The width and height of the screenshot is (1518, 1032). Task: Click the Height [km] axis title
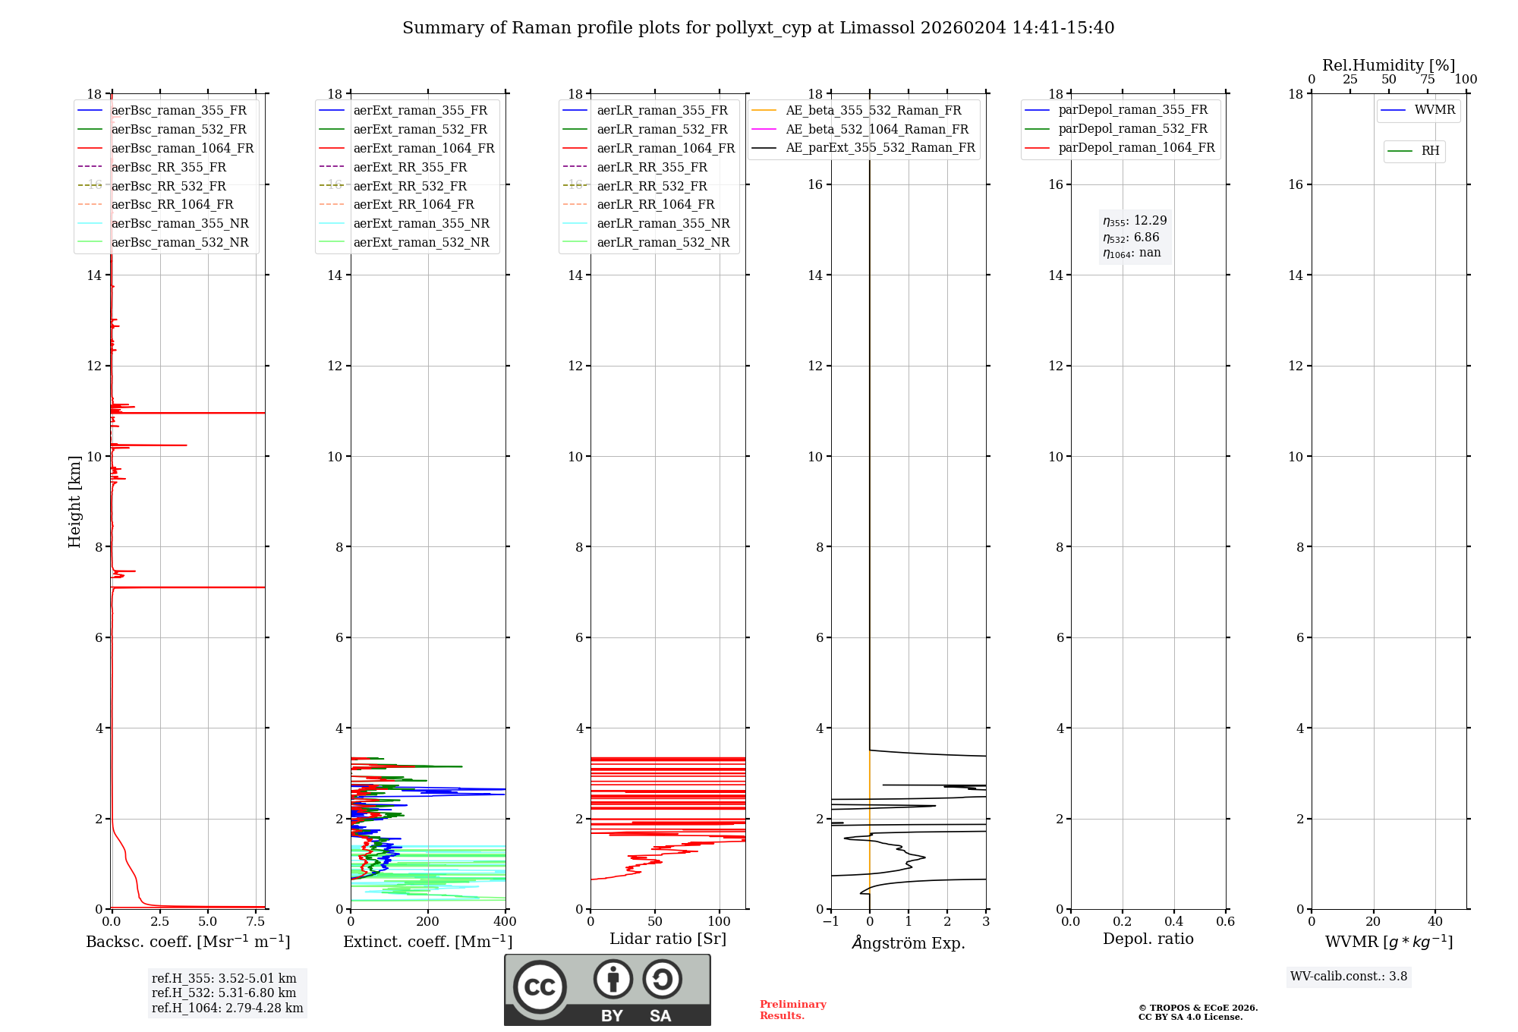click(74, 502)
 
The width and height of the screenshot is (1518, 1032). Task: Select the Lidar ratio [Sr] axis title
click(668, 939)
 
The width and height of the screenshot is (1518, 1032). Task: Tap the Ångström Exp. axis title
click(909, 942)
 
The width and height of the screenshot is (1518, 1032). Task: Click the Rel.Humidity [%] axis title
click(1389, 65)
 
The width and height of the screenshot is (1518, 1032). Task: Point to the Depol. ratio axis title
click(1148, 939)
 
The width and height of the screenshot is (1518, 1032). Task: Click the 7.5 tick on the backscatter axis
click(256, 922)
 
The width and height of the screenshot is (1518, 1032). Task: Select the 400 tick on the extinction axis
click(505, 922)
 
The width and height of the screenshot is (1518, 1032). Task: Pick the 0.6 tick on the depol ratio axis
click(1226, 922)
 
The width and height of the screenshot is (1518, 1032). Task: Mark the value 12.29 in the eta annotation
click(1151, 221)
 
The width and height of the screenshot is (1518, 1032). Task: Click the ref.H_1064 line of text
click(228, 1008)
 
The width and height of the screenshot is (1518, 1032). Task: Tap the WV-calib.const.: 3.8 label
click(1349, 977)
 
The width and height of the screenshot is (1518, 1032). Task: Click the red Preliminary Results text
click(793, 1010)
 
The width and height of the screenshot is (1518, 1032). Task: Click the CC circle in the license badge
click(540, 986)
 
